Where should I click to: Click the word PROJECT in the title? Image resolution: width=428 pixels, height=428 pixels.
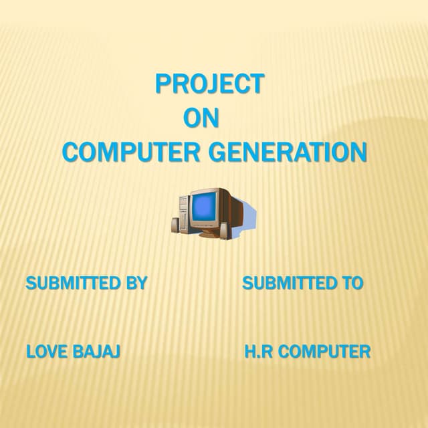(x=209, y=84)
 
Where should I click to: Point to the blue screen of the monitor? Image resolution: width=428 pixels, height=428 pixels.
(x=203, y=209)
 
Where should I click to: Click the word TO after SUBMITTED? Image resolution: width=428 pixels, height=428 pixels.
(x=351, y=284)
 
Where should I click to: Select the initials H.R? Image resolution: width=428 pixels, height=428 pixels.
(x=259, y=351)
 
